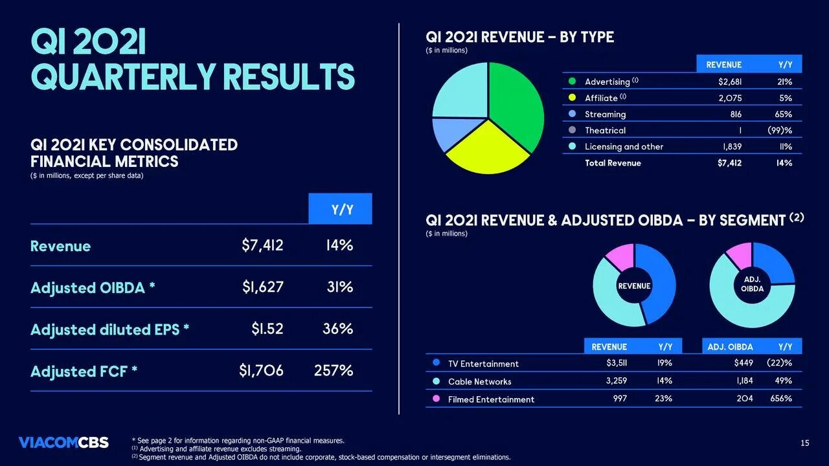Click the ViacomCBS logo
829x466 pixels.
(x=63, y=443)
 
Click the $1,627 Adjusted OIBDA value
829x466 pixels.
(x=262, y=287)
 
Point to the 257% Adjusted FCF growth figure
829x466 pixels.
(x=334, y=371)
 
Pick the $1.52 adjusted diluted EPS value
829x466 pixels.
(x=267, y=329)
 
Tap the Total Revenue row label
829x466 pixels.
(x=613, y=163)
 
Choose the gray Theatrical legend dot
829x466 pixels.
(x=572, y=130)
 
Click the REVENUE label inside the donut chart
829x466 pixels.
(x=634, y=285)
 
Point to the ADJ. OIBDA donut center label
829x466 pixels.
(x=752, y=285)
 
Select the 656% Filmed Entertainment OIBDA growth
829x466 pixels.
(x=780, y=399)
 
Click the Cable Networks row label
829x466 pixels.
(x=479, y=382)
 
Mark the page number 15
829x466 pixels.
(x=804, y=443)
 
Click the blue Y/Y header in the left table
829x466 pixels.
(x=341, y=209)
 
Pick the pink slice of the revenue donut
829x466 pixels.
(x=620, y=256)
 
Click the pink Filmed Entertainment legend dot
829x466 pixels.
(x=436, y=399)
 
